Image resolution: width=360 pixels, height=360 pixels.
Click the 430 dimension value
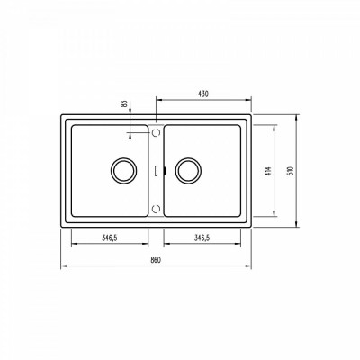click(203, 94)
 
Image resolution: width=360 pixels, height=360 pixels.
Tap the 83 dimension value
click(123, 104)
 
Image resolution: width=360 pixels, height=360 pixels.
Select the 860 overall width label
click(156, 260)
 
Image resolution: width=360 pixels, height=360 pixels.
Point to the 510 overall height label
click(291, 171)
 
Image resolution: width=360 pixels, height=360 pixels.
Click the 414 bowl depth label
click(268, 171)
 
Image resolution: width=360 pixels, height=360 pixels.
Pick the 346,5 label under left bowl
click(110, 238)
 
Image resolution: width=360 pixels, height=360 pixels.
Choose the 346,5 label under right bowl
click(202, 238)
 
